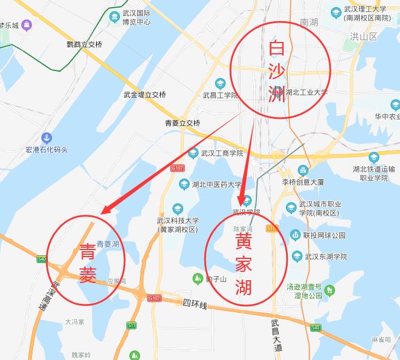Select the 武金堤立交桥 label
point(145,95)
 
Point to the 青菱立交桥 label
point(183,124)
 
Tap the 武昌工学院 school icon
point(220,83)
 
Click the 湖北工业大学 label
point(306,92)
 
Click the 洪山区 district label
point(363,37)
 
